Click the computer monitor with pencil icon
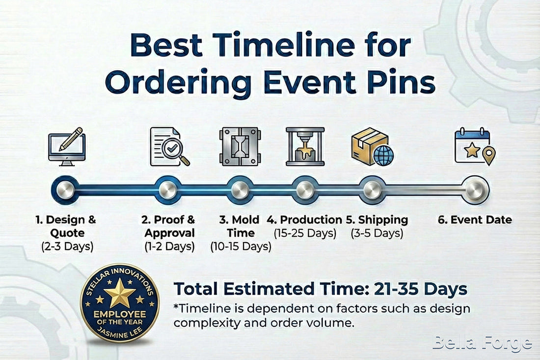[67, 146]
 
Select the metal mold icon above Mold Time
[239, 146]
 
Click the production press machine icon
[305, 146]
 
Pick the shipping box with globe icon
[372, 146]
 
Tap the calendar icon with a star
[474, 146]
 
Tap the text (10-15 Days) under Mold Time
[241, 247]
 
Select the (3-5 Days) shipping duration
[377, 233]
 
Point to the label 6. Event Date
[474, 220]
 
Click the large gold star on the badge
[119, 296]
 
